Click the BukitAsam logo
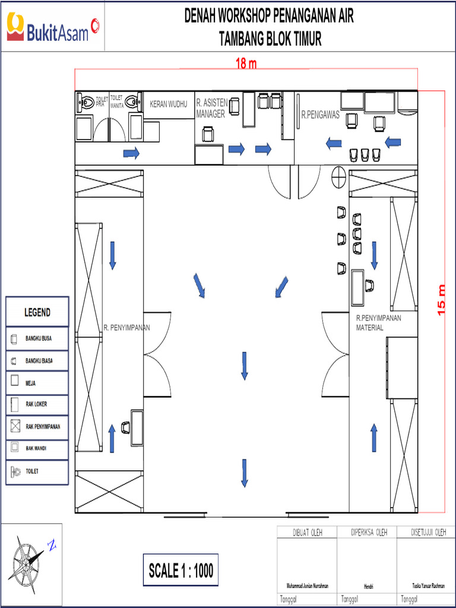(52, 27)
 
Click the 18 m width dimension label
(246, 64)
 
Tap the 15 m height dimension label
(441, 300)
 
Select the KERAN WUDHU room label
(168, 104)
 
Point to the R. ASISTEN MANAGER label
(211, 109)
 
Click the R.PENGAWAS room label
(320, 115)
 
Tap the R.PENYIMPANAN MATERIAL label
(378, 322)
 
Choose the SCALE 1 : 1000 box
(180, 571)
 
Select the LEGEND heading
(37, 312)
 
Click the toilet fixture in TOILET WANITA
(134, 103)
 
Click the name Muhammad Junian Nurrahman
(307, 585)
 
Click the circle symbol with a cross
(339, 176)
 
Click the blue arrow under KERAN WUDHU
(131, 154)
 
